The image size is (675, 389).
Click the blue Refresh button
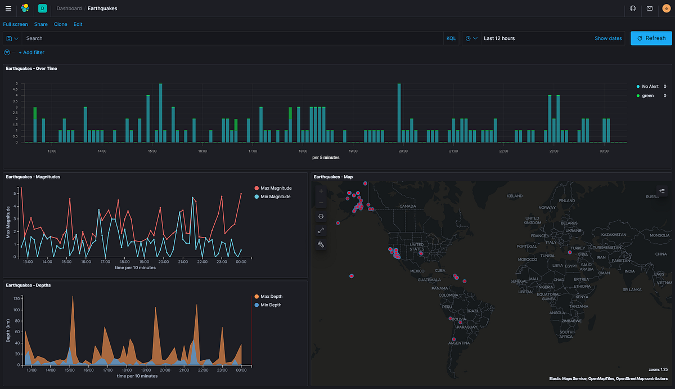point(651,38)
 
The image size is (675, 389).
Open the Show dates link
point(608,38)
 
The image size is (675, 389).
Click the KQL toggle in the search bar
point(451,38)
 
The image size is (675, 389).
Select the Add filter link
point(31,52)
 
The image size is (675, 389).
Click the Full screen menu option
point(16,24)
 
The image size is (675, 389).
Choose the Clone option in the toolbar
point(60,24)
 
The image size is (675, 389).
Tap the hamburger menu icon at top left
point(8,8)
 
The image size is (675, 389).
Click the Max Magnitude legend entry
point(275,187)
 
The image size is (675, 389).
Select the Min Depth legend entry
point(271,305)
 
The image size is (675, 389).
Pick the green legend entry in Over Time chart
point(647,96)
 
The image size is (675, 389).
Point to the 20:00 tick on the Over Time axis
point(403,151)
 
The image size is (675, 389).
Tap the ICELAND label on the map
point(514,196)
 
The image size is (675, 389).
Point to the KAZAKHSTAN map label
point(613,234)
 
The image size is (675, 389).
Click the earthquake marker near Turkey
point(570,252)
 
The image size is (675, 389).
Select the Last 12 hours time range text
point(499,38)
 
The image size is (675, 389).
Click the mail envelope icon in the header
point(650,8)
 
